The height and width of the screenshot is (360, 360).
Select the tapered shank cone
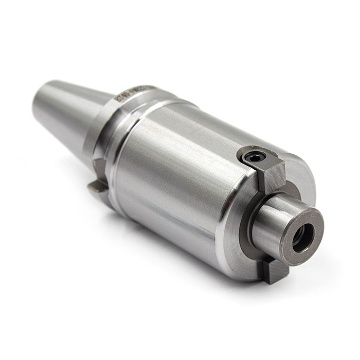(67, 111)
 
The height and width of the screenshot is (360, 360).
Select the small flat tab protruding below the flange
(97, 187)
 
